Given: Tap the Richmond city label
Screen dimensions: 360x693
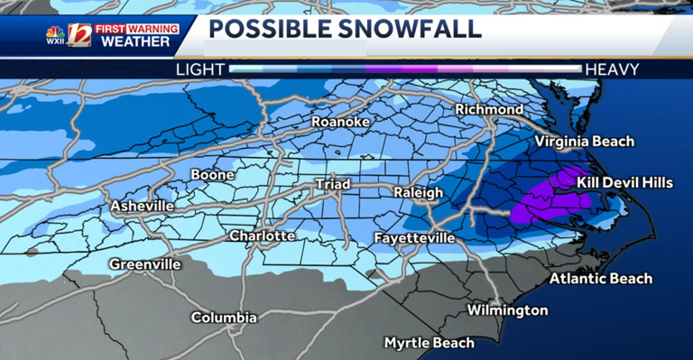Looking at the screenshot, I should coord(489,109).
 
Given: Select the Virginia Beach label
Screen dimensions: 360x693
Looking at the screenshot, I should coord(585,142).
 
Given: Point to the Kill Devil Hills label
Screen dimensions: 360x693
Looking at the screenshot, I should coord(624,183).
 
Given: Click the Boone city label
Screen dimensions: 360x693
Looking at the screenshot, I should coord(213,174).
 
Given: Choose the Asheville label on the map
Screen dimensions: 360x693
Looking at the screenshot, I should coord(142,207).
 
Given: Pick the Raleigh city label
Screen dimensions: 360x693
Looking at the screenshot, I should coord(419,193).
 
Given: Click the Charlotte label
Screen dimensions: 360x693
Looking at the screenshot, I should coord(262,235).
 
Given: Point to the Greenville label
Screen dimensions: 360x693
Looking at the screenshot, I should coord(144,264).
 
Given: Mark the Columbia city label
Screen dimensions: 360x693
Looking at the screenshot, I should coord(224,318).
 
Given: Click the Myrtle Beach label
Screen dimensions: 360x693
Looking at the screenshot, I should coord(429,343).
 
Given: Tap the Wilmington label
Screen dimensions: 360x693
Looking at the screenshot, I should coord(507,310).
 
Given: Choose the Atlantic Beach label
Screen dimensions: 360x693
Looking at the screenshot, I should coord(601,278).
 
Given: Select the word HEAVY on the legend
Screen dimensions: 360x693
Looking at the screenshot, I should coord(612,69).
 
